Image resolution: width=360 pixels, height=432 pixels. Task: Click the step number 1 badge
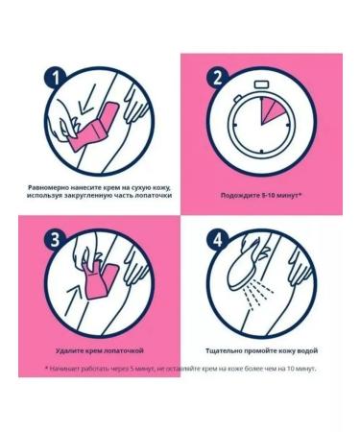click(56, 78)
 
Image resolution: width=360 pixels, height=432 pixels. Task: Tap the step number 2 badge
click(217, 78)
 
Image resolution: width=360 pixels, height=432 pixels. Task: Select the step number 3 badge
click(56, 239)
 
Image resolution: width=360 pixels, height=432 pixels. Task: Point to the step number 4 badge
click(217, 239)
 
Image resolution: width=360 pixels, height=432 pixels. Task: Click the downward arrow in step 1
click(87, 99)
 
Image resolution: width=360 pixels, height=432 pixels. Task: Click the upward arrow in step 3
click(73, 300)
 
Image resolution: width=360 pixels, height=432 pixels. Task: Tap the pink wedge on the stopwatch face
click(272, 111)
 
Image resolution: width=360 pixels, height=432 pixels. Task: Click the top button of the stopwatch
click(261, 84)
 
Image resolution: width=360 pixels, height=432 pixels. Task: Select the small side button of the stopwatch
click(238, 98)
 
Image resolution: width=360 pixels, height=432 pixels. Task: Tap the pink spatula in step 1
click(95, 128)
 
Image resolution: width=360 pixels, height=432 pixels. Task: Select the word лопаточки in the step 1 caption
click(157, 195)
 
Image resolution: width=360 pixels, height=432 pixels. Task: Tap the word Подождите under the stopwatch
click(236, 195)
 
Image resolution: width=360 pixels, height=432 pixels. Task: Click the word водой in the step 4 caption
click(308, 350)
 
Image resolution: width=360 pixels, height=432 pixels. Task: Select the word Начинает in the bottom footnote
click(63, 369)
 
